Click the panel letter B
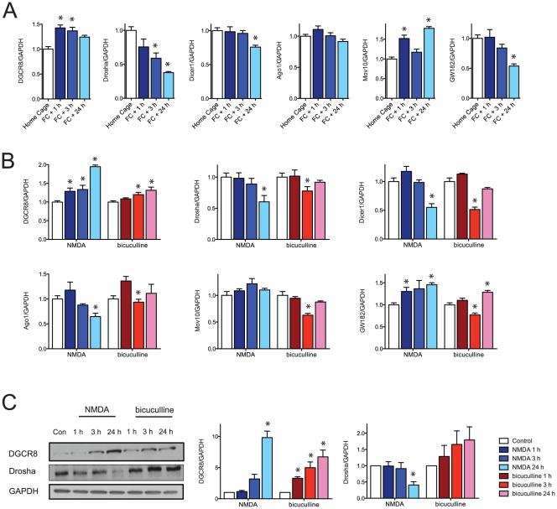tap(10, 161)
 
